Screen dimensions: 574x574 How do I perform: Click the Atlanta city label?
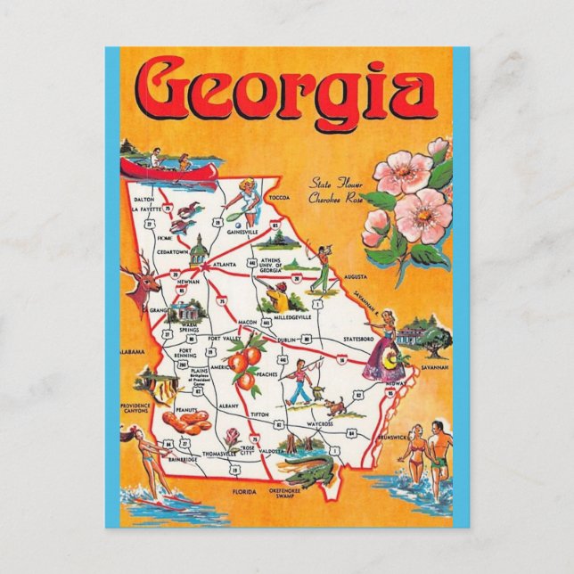tap(225, 265)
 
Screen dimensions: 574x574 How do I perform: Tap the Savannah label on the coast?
tap(436, 366)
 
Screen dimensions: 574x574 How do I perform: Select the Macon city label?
tap(248, 321)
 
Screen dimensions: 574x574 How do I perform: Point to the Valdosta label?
tap(273, 452)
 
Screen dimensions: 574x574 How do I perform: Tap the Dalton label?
tap(144, 199)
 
